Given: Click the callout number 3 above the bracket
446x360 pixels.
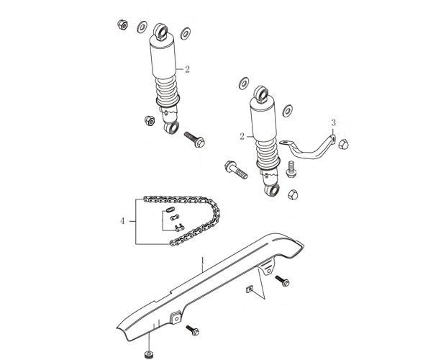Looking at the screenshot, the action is pyautogui.click(x=333, y=123).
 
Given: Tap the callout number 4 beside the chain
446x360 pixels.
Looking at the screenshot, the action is pyautogui.click(x=122, y=221).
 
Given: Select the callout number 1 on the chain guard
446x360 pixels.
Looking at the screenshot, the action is pyautogui.click(x=203, y=261).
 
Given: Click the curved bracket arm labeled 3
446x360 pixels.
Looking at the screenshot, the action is pyautogui.click(x=309, y=150).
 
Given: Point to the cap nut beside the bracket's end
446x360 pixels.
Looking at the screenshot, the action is pyautogui.click(x=344, y=144).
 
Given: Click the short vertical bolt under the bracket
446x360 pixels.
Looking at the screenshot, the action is pyautogui.click(x=291, y=169).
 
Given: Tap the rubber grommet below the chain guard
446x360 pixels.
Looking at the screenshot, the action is pyautogui.click(x=149, y=354).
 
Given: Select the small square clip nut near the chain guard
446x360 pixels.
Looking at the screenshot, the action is pyautogui.click(x=250, y=289).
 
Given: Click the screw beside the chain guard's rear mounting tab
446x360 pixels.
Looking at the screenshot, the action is pyautogui.click(x=282, y=281).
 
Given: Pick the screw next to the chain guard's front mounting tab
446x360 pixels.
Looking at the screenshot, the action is pyautogui.click(x=192, y=330).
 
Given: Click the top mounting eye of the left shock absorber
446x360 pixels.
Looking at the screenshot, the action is pyautogui.click(x=161, y=30).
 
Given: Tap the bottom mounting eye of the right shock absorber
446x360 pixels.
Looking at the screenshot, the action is pyautogui.click(x=272, y=190).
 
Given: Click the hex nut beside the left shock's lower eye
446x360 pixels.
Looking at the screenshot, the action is pyautogui.click(x=149, y=121).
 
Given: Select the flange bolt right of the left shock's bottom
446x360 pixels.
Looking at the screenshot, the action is pyautogui.click(x=194, y=139).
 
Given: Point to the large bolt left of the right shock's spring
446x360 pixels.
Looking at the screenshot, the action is pyautogui.click(x=236, y=170).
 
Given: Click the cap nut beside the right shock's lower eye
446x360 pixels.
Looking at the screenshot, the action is pyautogui.click(x=293, y=194).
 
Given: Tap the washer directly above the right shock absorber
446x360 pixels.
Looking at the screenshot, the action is pyautogui.click(x=244, y=83).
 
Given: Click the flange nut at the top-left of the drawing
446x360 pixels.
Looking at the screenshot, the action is pyautogui.click(x=122, y=24).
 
